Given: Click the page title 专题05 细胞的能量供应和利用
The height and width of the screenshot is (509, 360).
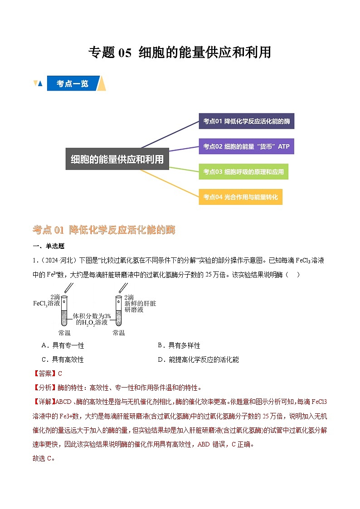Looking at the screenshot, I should [x=180, y=53].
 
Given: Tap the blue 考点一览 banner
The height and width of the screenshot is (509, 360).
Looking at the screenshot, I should [x=73, y=84].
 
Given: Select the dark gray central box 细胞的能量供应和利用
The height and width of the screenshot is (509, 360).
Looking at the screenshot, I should [x=117, y=159].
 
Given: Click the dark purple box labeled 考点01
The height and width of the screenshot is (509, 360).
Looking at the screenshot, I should [x=246, y=121].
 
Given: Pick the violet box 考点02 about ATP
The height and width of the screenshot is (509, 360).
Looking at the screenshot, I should [x=246, y=146].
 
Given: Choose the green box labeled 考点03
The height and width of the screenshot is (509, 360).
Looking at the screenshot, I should [x=243, y=172].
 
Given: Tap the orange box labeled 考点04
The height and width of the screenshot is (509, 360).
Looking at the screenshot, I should [x=240, y=197].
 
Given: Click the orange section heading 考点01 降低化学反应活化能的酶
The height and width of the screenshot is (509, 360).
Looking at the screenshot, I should [x=104, y=230].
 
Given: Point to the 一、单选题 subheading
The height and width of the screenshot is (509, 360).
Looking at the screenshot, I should [x=49, y=246].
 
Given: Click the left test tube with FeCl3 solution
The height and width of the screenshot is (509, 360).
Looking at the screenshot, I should [x=64, y=311].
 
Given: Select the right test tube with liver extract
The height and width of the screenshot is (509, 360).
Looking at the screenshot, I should [x=118, y=311].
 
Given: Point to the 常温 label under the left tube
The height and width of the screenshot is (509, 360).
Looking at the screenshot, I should [x=64, y=333].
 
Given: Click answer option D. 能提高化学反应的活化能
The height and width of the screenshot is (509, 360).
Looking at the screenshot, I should [x=198, y=359].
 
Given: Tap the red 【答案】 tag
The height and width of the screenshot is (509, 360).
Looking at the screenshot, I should [x=44, y=373].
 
